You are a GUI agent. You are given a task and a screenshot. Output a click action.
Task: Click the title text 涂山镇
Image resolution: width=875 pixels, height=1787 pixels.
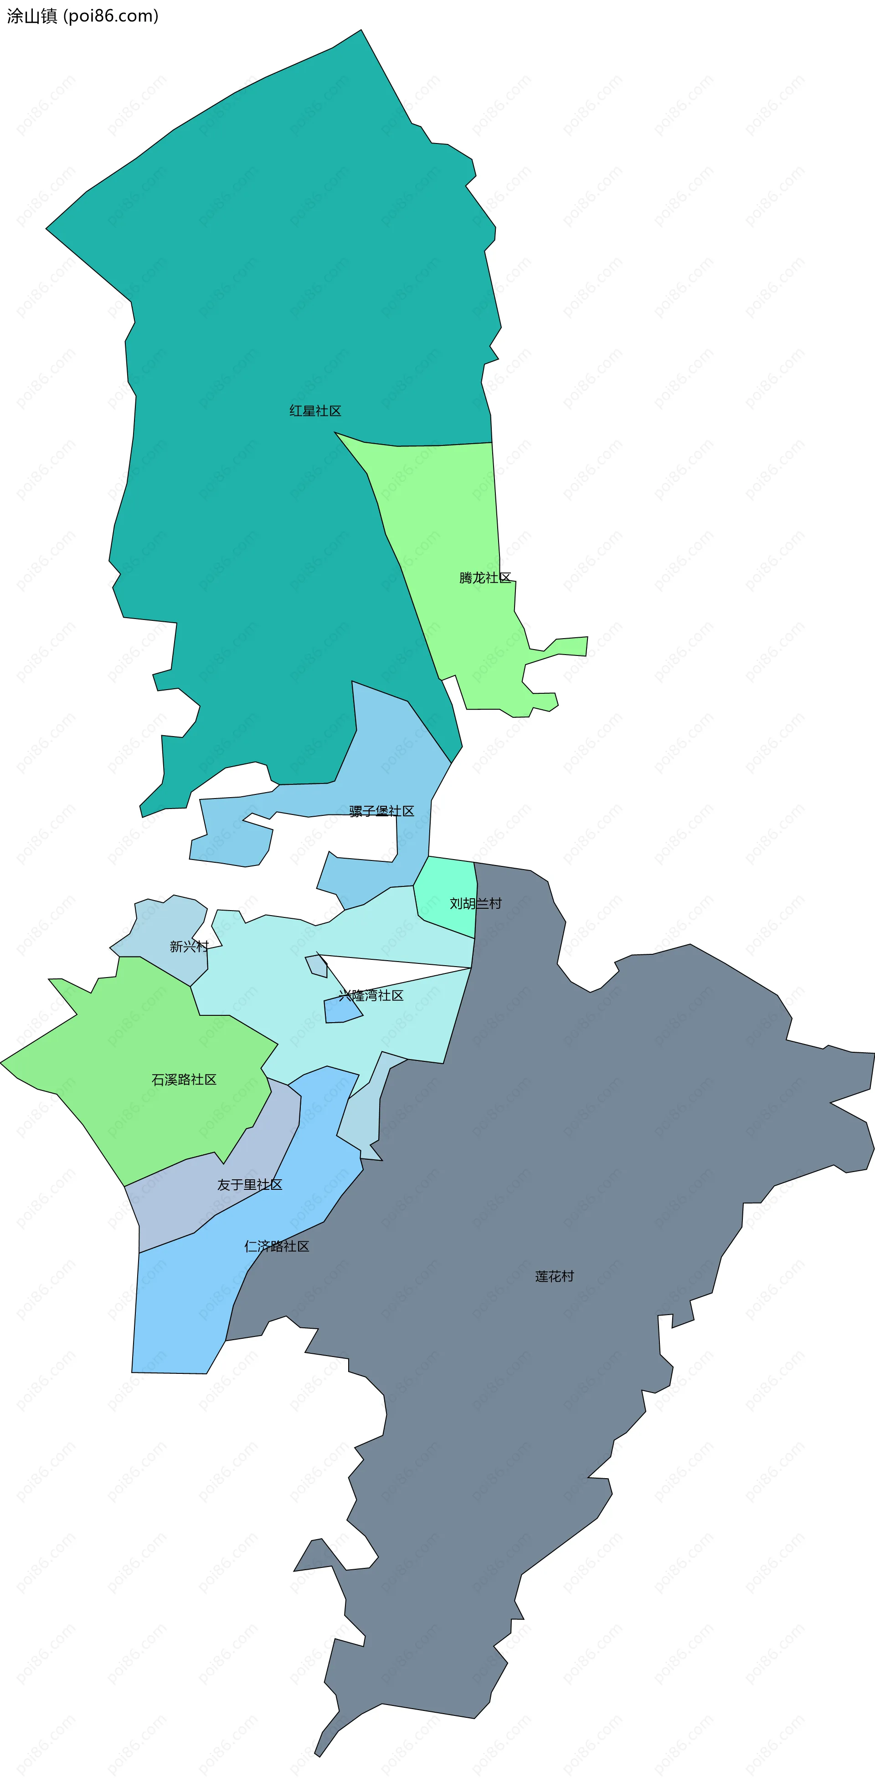32,16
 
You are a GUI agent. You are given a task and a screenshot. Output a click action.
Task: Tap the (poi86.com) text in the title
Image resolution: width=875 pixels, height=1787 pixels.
111,16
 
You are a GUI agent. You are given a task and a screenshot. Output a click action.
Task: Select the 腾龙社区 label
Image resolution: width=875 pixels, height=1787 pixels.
485,578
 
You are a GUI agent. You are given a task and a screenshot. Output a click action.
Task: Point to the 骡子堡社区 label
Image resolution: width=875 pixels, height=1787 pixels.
381,811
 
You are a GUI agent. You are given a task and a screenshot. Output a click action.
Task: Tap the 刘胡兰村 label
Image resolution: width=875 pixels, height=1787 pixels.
475,903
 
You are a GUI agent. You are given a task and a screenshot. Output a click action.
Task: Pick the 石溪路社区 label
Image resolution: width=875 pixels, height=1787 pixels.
184,1080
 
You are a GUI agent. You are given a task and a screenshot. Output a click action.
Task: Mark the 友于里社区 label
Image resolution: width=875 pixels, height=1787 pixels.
250,1184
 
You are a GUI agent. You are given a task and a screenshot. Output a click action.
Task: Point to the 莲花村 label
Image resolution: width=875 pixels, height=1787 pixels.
555,1276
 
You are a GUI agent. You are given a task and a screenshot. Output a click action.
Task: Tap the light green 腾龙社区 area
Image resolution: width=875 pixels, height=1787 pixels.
444,513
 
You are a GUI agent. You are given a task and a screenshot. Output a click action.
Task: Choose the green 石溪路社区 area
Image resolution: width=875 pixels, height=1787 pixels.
139,1040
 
